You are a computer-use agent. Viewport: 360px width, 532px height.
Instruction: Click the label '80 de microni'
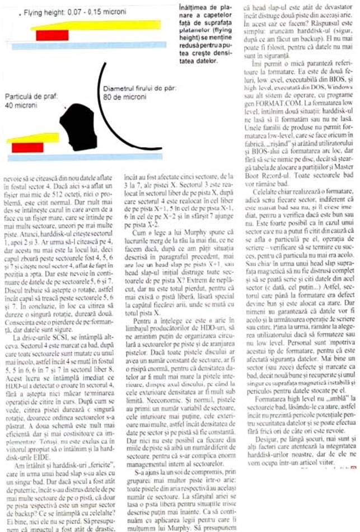[x=123, y=96]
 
